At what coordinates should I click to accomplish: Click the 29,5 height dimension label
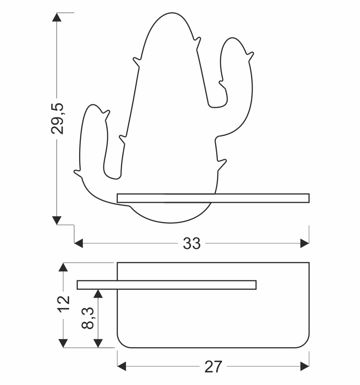click(57, 119)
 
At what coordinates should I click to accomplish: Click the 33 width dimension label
click(192, 244)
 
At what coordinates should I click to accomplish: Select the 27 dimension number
click(213, 367)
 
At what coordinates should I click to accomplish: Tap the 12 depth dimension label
click(63, 304)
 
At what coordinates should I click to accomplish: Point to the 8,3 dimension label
click(88, 318)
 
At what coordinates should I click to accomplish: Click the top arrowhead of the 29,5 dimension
click(57, 17)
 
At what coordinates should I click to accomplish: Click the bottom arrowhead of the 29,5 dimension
click(57, 220)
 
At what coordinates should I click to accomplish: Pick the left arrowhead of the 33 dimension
click(78, 244)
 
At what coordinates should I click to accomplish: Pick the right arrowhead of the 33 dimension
click(305, 244)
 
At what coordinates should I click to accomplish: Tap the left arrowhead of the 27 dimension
click(122, 366)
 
